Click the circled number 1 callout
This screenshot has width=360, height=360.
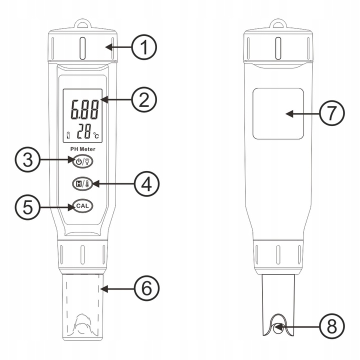tap(144, 47)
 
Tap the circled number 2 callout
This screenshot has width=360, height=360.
tap(144, 100)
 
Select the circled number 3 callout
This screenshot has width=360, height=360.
tap(27, 160)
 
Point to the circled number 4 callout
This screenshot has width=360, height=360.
tap(146, 184)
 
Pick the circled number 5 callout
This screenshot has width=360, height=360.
tap(27, 207)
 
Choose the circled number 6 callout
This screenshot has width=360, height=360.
tap(146, 288)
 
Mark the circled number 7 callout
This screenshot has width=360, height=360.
tap(332, 113)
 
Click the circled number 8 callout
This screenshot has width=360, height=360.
tap(332, 326)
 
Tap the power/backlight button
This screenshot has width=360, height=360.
tap(82, 161)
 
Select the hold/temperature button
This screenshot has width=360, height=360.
tap(82, 183)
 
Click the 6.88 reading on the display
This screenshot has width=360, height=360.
tap(84, 109)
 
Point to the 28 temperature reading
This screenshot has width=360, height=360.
tap(84, 131)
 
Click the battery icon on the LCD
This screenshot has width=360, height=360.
tap(68, 135)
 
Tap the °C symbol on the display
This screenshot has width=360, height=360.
tap(96, 135)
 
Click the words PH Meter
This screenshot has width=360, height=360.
tap(82, 149)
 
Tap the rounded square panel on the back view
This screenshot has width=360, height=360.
tap(278, 113)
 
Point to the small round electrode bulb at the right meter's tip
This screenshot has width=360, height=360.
tap(278, 328)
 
